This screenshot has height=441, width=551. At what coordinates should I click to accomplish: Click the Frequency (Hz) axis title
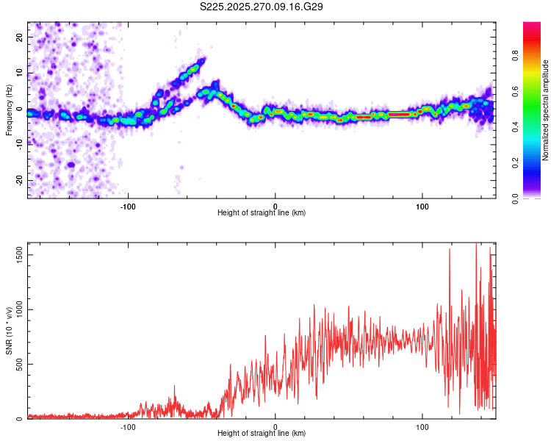tap(9, 110)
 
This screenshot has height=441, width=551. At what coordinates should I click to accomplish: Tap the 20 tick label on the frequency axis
tap(20, 37)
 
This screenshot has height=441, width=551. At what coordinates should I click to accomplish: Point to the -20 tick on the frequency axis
tap(20, 181)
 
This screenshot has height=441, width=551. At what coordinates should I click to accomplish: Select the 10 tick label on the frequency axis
tap(20, 73)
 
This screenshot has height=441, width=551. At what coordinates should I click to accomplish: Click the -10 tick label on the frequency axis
tap(20, 145)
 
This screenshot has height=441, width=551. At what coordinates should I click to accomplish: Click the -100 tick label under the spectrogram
tap(129, 206)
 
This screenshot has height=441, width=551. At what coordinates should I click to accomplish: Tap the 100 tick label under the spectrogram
tap(422, 206)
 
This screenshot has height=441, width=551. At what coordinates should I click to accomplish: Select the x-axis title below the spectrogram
tap(262, 213)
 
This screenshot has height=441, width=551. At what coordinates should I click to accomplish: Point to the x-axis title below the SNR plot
tap(262, 434)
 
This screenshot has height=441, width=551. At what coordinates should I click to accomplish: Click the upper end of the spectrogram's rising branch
tap(202, 60)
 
